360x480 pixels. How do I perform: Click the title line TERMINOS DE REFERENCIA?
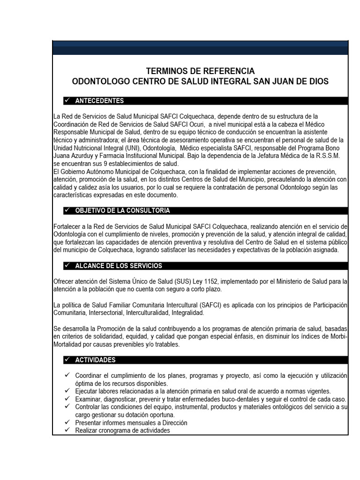(x=200, y=71)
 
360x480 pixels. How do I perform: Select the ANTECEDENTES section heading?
(x=99, y=101)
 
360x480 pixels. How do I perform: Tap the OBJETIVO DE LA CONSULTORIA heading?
(x=122, y=210)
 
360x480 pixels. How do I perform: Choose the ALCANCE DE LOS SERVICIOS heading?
(x=119, y=266)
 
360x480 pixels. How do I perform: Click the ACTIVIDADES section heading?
(x=95, y=360)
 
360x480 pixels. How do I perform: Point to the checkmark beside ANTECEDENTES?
(x=67, y=101)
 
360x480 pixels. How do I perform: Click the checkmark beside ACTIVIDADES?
(x=67, y=360)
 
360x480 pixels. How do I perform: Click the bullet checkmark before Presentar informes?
(x=67, y=422)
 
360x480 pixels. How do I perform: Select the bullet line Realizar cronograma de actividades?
(x=122, y=430)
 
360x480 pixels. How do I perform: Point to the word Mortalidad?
(x=70, y=344)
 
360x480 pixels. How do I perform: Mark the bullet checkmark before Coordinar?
(x=67, y=375)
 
